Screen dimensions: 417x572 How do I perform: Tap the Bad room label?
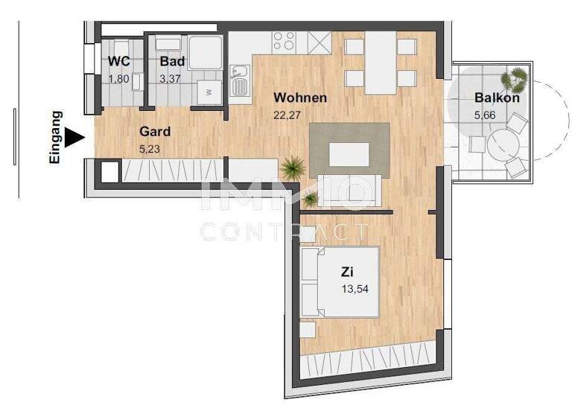pos(171,62)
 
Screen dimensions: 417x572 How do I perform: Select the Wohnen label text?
pos(299,98)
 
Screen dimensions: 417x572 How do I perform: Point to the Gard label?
pos(155,132)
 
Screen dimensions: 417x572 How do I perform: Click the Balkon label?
pos(497,98)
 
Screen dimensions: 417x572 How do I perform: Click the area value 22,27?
pos(290,115)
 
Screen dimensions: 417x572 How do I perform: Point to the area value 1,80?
pos(119,78)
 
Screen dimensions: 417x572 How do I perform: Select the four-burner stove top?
pos(284,40)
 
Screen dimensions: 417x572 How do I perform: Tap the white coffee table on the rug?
pos(349,154)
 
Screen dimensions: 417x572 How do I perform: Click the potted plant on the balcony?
pos(515,76)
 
